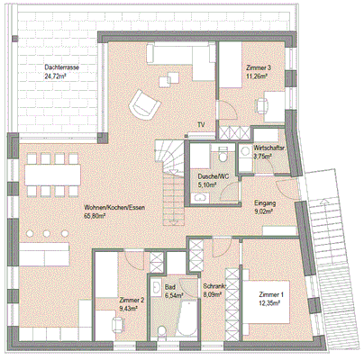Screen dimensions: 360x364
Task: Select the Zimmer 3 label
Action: click(x=259, y=69)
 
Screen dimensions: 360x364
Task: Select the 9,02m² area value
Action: click(x=266, y=213)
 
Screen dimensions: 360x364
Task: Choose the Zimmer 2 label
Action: click(x=132, y=300)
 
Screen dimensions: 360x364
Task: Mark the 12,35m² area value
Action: click(x=269, y=306)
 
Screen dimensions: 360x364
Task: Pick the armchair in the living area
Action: click(x=141, y=105)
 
